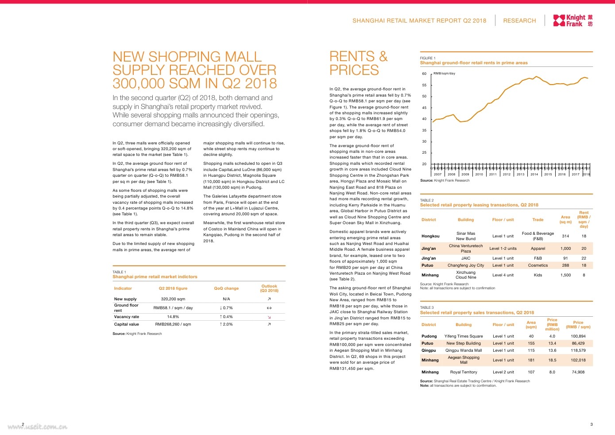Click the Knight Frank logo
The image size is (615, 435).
click(x=572, y=20)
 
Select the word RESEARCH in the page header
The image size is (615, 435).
click(x=519, y=21)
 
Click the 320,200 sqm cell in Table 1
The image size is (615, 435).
click(x=173, y=299)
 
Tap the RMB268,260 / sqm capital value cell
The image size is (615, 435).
click(x=173, y=324)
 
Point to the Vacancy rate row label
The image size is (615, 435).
click(x=127, y=317)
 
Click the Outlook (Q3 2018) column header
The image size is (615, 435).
click(x=269, y=288)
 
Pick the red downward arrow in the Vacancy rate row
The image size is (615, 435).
click(x=269, y=317)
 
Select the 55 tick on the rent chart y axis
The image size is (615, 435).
click(x=424, y=85)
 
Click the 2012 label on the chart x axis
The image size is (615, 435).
click(x=507, y=175)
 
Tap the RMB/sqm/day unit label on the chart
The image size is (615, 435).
click(x=444, y=74)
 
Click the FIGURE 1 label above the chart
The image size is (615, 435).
click(x=427, y=58)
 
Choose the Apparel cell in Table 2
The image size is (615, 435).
click(x=538, y=249)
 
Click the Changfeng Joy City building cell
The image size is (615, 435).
click(x=466, y=265)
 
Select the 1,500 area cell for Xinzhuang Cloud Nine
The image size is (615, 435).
click(x=565, y=275)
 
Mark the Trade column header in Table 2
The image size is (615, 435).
click(x=538, y=220)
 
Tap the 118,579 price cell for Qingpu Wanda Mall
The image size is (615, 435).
click(x=578, y=350)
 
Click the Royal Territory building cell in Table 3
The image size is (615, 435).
click(x=464, y=372)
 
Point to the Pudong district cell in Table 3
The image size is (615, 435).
click(x=429, y=336)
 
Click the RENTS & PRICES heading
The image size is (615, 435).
click(x=358, y=63)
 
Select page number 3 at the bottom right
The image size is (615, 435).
click(x=591, y=424)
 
